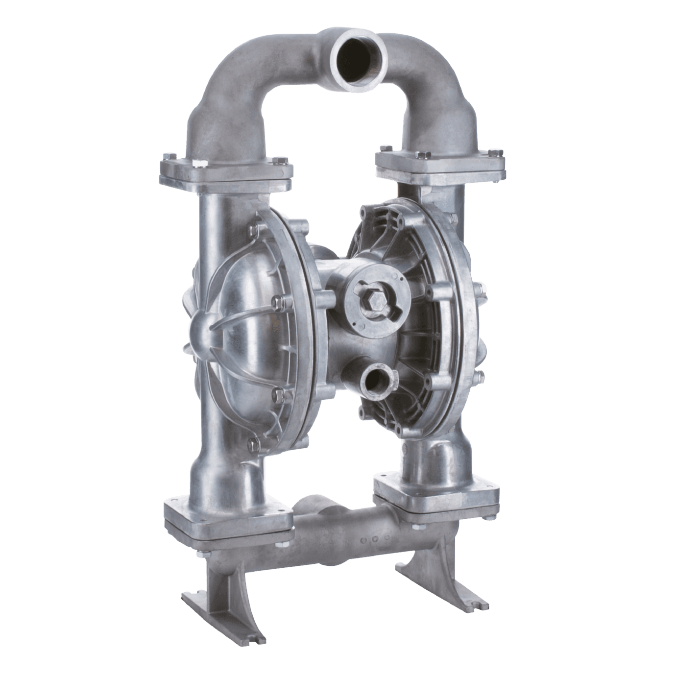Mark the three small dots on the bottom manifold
(x=371, y=539)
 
